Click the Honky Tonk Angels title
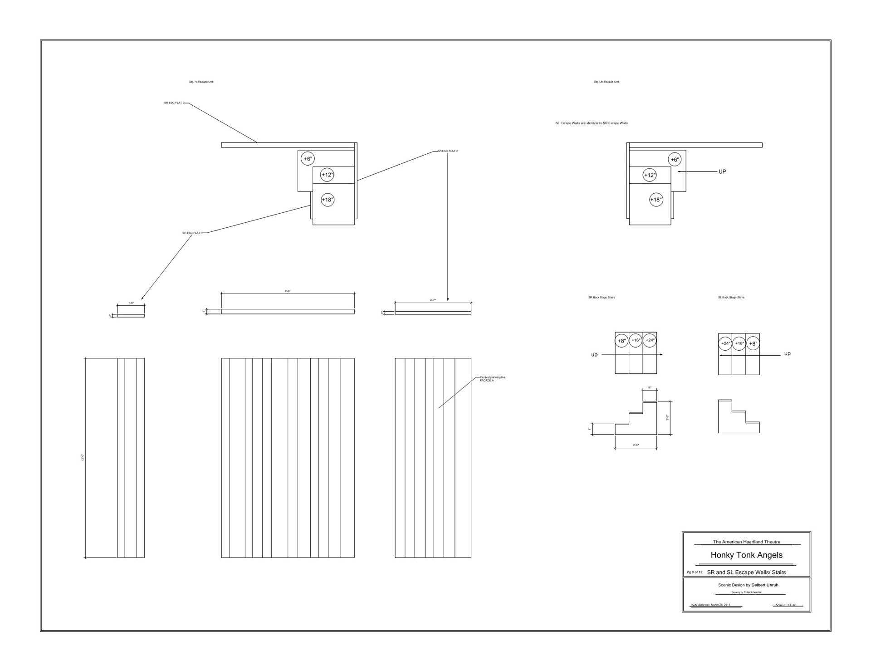[746, 555]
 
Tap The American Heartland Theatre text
[746, 542]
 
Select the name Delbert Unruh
[764, 585]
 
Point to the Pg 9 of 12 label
[695, 572]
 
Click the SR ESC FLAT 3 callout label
[174, 103]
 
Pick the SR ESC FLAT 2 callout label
[448, 151]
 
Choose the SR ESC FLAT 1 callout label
[191, 233]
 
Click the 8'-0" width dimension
[288, 291]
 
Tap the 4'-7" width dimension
[433, 300]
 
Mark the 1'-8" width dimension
[131, 303]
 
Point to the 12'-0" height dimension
[83, 458]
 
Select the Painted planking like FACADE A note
[492, 379]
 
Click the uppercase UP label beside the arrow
[722, 171]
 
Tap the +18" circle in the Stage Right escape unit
[328, 200]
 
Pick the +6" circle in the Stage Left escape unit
[675, 160]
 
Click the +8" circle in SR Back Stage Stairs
[621, 341]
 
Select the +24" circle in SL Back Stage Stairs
[725, 343]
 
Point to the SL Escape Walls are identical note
[592, 123]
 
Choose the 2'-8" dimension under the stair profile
[636, 445]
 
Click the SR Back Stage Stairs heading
[602, 298]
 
